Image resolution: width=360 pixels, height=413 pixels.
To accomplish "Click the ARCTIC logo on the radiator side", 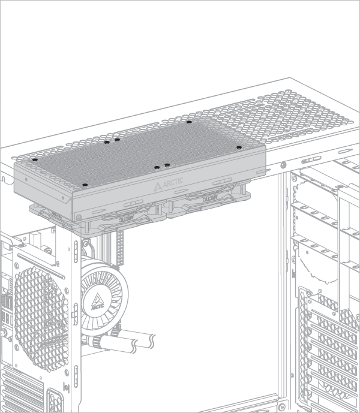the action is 168,184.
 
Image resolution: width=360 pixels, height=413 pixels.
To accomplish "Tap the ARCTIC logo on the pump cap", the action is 97,302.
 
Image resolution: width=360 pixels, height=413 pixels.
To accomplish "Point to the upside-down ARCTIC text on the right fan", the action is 209,197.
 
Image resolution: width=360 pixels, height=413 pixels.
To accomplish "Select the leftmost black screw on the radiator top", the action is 35,159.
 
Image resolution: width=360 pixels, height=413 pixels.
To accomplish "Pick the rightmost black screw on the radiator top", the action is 239,147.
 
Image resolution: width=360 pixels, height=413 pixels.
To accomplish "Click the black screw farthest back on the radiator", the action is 189,122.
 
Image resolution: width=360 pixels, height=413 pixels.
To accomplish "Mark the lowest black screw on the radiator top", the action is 85,185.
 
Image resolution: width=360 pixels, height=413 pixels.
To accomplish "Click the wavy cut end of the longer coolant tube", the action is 153,341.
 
